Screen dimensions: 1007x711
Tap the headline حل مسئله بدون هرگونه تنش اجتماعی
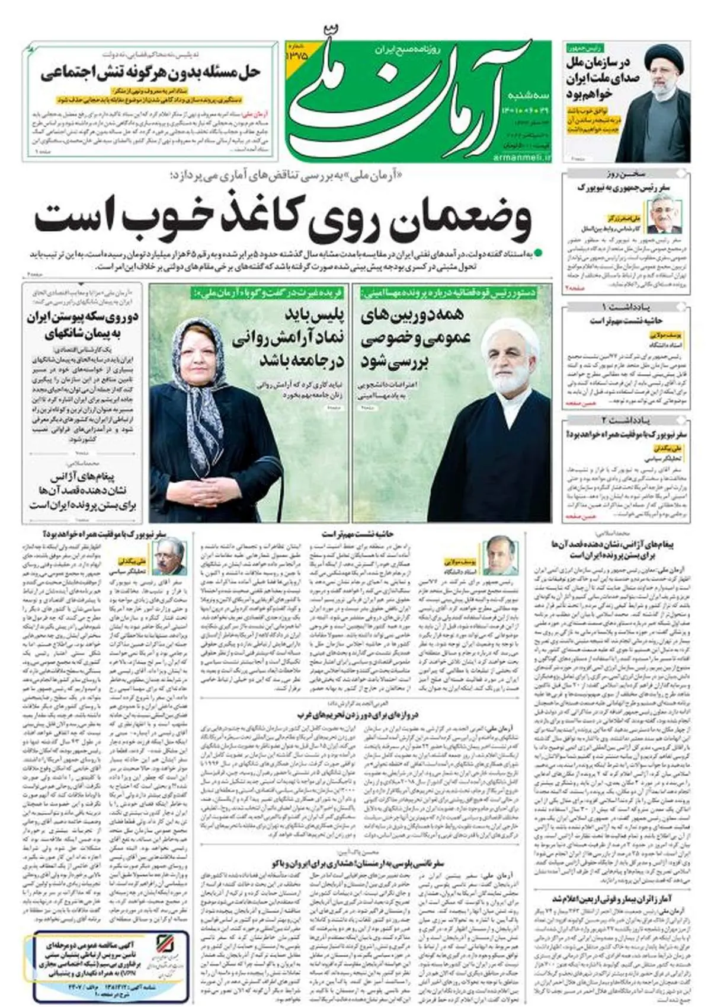tap(150, 73)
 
